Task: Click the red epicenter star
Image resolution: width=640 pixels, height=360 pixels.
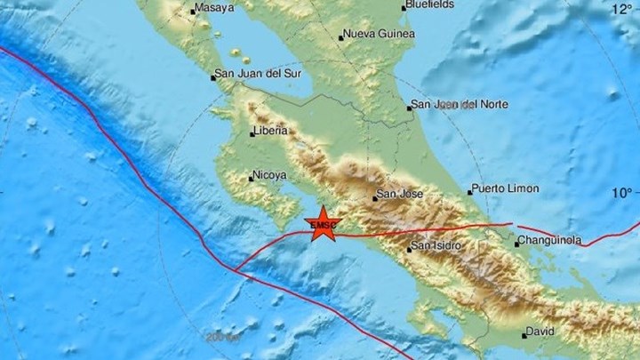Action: click(322, 224)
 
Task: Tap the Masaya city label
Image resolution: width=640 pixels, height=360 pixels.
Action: click(218, 9)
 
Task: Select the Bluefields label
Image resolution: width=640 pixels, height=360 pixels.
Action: click(431, 4)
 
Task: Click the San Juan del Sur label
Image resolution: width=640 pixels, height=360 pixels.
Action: click(255, 76)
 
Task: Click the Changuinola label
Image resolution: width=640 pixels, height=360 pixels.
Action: click(551, 240)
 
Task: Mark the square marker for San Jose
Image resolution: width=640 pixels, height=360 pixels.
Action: click(374, 198)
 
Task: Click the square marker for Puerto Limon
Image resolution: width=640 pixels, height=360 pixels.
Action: click(469, 192)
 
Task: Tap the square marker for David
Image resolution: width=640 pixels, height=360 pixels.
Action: click(524, 335)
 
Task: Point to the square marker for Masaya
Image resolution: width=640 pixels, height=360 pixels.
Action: click(193, 12)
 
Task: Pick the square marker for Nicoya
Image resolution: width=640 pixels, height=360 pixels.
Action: click(252, 180)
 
